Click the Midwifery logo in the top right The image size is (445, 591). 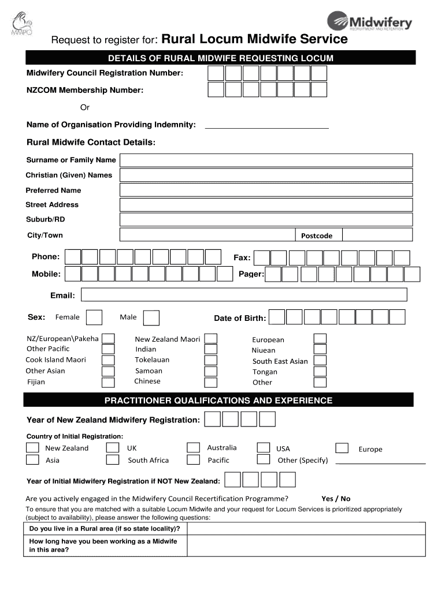(x=370, y=23)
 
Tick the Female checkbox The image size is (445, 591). (x=94, y=317)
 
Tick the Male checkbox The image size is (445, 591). (x=151, y=318)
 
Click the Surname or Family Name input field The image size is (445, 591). (x=266, y=160)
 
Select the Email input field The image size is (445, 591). (x=244, y=295)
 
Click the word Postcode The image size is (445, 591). (x=317, y=235)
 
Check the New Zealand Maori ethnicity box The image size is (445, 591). (x=212, y=339)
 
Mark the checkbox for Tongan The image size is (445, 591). (x=320, y=371)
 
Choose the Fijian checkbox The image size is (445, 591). (x=108, y=382)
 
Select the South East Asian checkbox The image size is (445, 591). (x=320, y=361)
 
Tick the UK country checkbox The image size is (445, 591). (x=113, y=448)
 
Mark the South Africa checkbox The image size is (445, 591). (x=113, y=460)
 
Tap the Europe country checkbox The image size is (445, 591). (x=342, y=448)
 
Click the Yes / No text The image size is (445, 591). (x=336, y=499)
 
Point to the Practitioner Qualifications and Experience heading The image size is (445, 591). (x=218, y=400)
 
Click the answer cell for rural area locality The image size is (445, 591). (x=306, y=529)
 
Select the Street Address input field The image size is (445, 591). (x=266, y=205)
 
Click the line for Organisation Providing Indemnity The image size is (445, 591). (x=267, y=126)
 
